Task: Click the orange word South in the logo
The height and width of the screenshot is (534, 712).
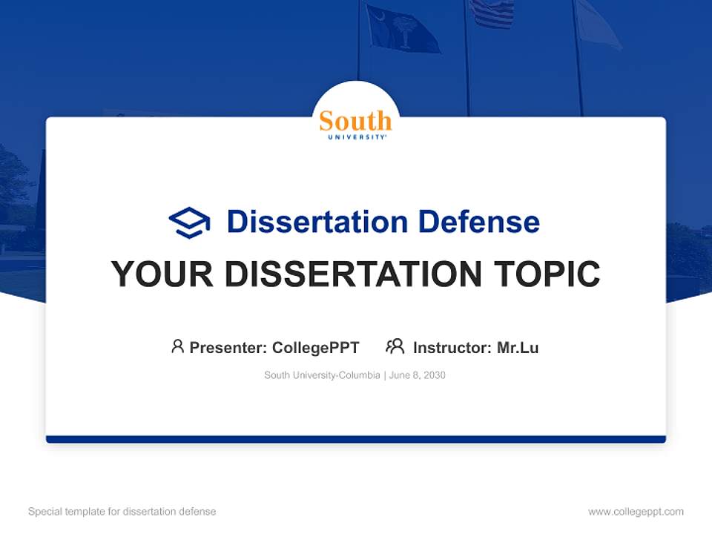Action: tap(355, 120)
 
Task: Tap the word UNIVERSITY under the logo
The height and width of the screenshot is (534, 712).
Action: tap(355, 137)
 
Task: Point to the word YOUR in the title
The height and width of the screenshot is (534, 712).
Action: tap(162, 274)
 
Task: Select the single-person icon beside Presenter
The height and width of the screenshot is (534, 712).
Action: tap(177, 346)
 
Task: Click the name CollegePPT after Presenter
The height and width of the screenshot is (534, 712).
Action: tap(315, 347)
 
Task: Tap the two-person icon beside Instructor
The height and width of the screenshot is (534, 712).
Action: tap(395, 346)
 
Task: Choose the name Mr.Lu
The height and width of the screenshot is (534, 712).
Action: tap(518, 347)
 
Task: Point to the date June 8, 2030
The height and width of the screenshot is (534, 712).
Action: tap(418, 375)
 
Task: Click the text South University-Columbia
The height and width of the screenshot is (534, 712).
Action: tap(322, 375)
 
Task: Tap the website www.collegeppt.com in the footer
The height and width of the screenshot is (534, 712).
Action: tap(636, 512)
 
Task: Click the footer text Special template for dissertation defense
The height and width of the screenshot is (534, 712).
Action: tap(122, 512)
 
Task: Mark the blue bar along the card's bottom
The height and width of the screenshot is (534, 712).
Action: tap(356, 439)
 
